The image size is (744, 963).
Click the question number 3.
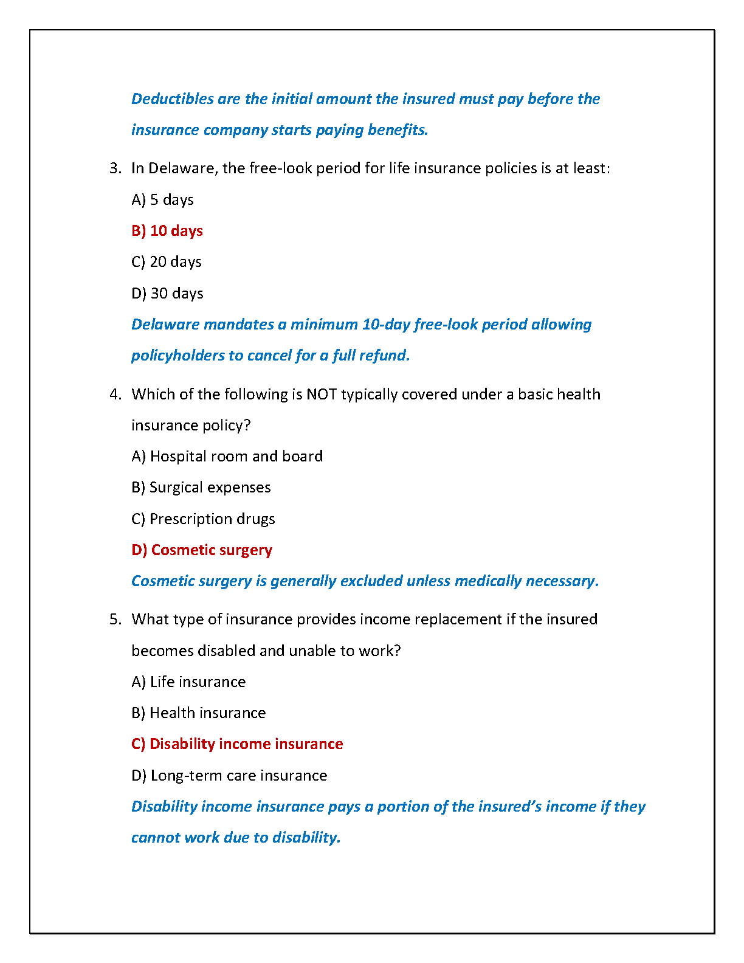(115, 168)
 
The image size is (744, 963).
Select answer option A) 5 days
(162, 200)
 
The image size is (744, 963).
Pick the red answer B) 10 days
(167, 231)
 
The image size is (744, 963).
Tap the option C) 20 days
(166, 262)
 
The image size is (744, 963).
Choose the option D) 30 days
(167, 294)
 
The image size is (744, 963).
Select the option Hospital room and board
(227, 457)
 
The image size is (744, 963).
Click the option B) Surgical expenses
(201, 488)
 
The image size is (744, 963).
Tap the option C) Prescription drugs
(203, 519)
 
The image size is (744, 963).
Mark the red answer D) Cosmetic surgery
(202, 550)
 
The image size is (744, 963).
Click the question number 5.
(115, 620)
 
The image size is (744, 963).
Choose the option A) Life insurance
(188, 682)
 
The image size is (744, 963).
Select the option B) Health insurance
(198, 713)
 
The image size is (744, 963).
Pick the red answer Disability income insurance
(237, 744)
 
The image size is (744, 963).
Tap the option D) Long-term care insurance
(229, 776)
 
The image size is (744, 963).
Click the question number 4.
(115, 395)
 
